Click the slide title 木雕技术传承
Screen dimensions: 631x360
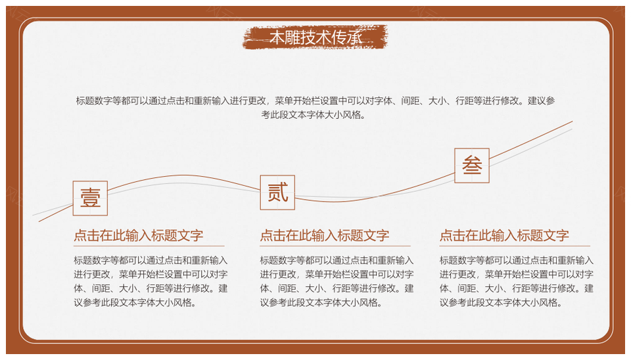point(316,37)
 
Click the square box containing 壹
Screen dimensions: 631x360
point(90,198)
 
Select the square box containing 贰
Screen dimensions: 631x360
point(277,192)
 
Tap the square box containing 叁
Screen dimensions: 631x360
point(472,166)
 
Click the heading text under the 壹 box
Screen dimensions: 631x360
point(139,235)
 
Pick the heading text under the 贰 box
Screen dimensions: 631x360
point(324,235)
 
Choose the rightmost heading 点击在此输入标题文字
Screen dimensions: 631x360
point(504,235)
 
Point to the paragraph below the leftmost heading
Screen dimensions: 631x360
point(151,281)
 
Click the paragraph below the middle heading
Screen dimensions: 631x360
point(337,281)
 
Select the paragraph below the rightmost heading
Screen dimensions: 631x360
point(517,281)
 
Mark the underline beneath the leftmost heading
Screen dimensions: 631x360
point(149,246)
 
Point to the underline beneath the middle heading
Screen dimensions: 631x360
point(335,246)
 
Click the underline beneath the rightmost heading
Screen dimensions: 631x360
point(515,246)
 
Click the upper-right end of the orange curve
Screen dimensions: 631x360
point(573,121)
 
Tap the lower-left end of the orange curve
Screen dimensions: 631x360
point(39,221)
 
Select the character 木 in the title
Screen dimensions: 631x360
point(277,37)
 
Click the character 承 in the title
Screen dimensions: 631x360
point(356,37)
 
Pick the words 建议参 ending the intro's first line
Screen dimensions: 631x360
point(542,101)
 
